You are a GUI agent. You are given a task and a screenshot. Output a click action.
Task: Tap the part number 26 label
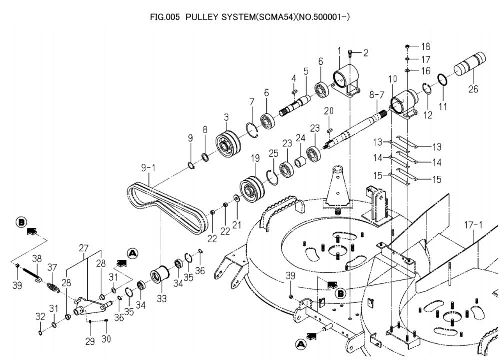tap(473, 90)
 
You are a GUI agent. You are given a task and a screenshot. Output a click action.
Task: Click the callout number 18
tap(425, 47)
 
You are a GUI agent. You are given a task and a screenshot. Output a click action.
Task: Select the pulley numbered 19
tap(252, 188)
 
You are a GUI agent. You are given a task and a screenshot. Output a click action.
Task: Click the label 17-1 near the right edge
tap(473, 224)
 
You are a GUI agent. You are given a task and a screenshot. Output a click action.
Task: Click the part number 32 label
tap(40, 317)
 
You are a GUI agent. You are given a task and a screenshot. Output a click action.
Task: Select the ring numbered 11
tap(442, 80)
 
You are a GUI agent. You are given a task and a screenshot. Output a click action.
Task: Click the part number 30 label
tap(106, 339)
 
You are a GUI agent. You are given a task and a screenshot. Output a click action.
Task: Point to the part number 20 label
tap(328, 110)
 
